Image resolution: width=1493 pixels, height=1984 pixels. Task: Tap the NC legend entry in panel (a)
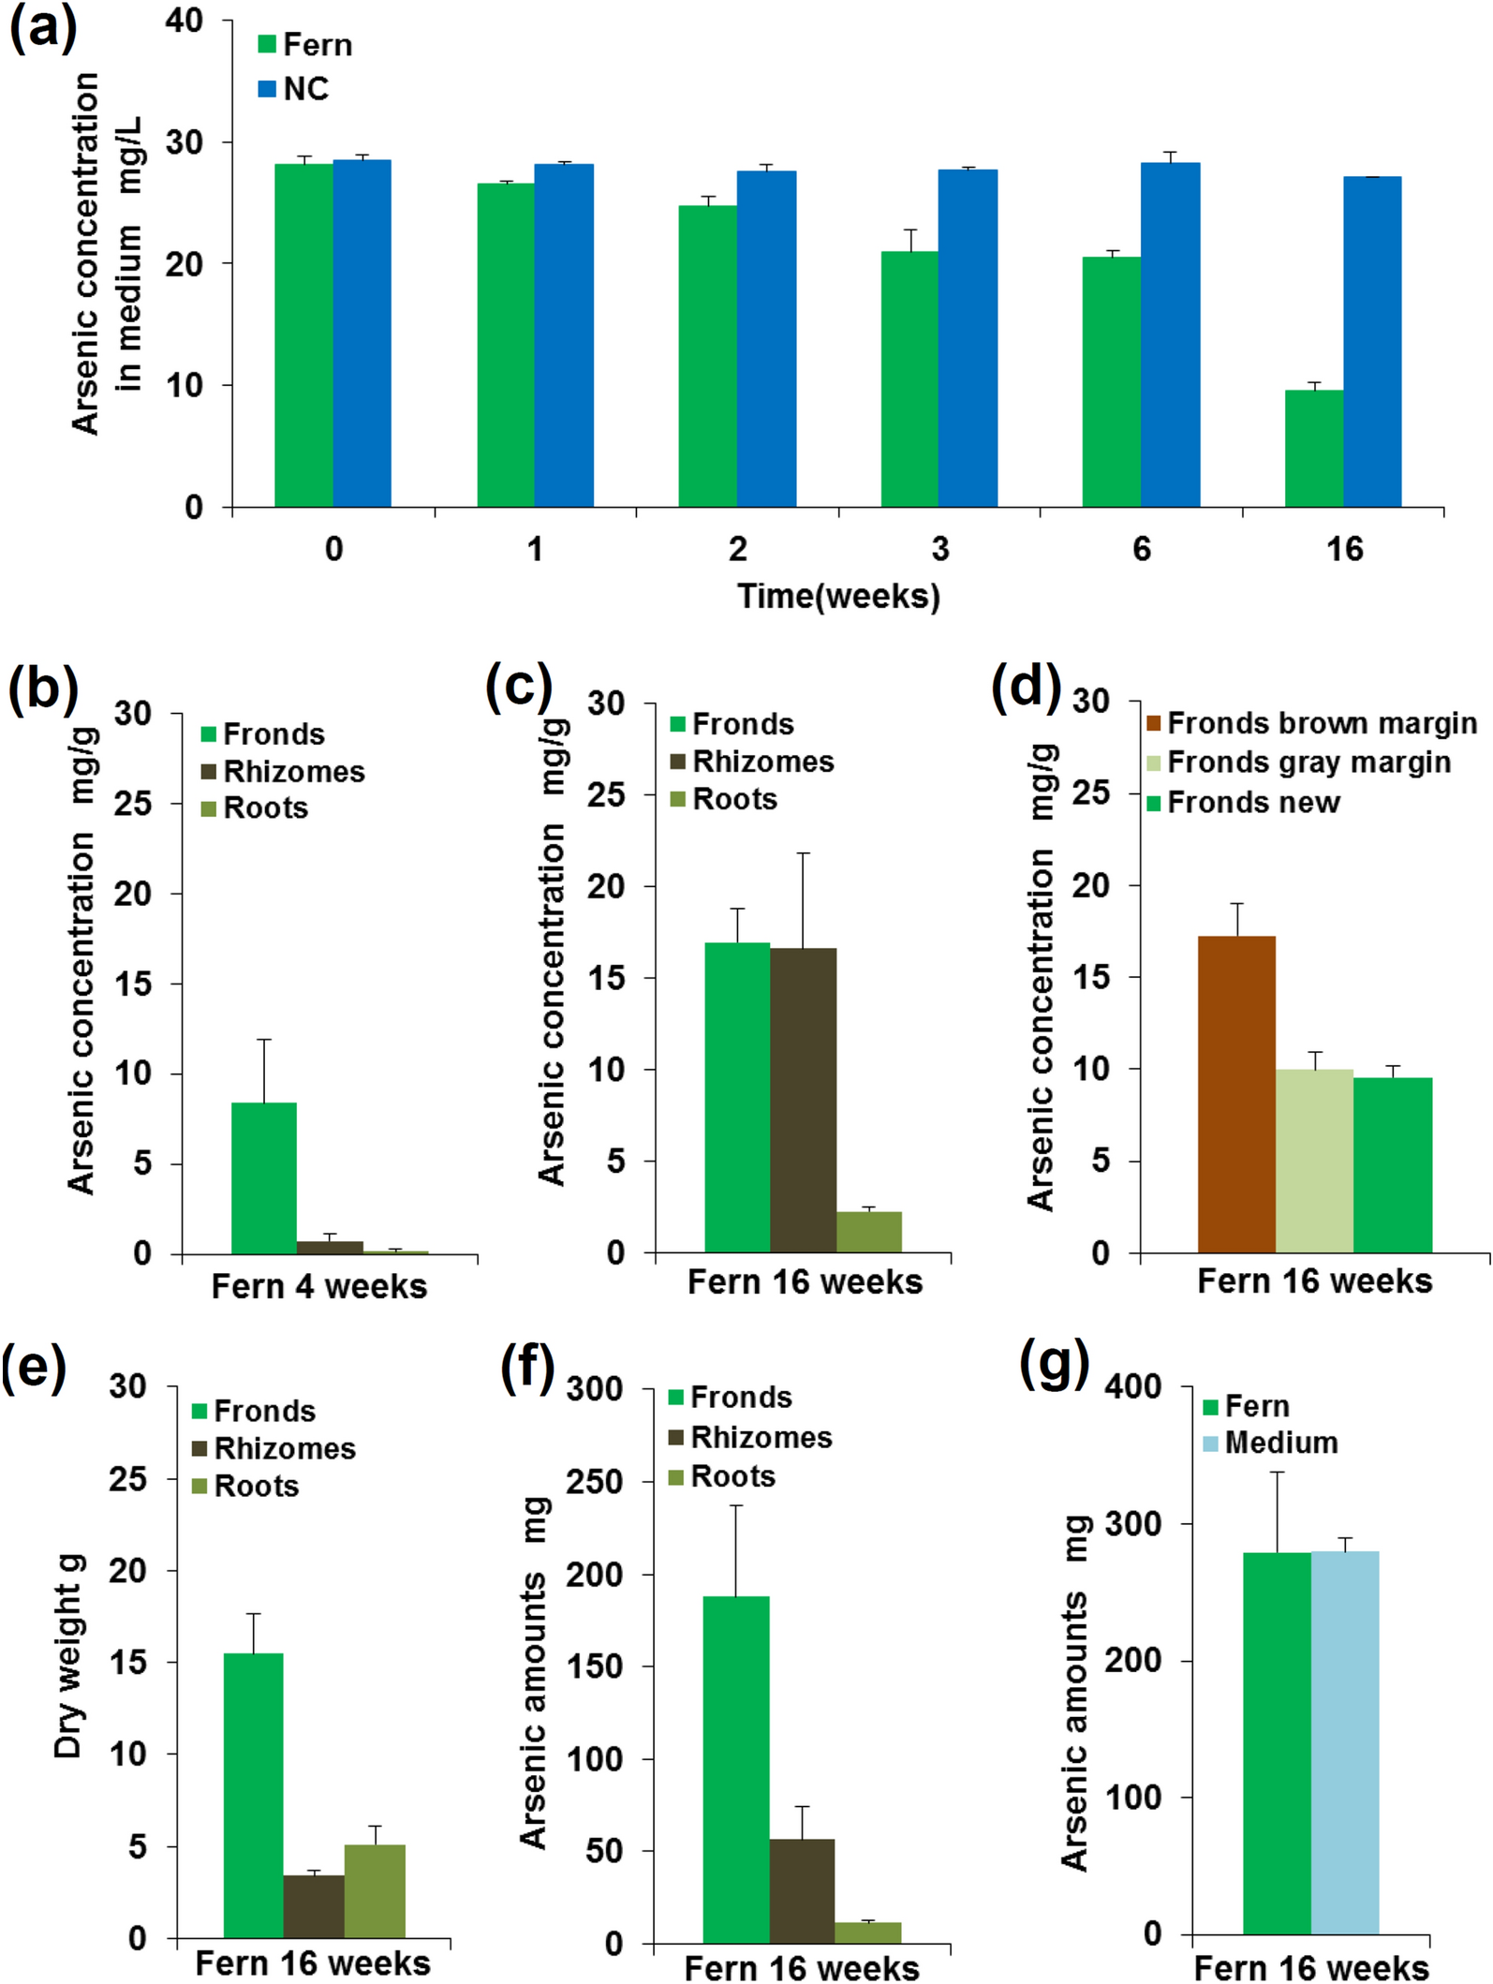click(294, 89)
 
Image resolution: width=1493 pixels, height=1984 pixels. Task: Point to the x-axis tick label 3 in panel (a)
click(939, 549)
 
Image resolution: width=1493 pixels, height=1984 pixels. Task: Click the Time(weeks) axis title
click(838, 596)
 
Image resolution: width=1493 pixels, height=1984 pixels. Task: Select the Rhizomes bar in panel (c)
click(803, 1100)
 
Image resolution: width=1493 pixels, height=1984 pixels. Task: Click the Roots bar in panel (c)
click(868, 1232)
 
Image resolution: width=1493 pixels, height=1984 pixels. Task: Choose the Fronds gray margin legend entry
click(1298, 763)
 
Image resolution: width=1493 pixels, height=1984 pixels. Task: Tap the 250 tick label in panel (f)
click(594, 1482)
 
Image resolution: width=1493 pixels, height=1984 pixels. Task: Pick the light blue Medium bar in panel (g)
click(1345, 1742)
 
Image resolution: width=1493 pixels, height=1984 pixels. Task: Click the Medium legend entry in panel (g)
click(1270, 1443)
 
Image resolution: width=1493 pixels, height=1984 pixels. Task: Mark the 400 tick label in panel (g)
click(1132, 1386)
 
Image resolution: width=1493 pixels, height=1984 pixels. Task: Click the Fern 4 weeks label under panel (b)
click(318, 1286)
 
